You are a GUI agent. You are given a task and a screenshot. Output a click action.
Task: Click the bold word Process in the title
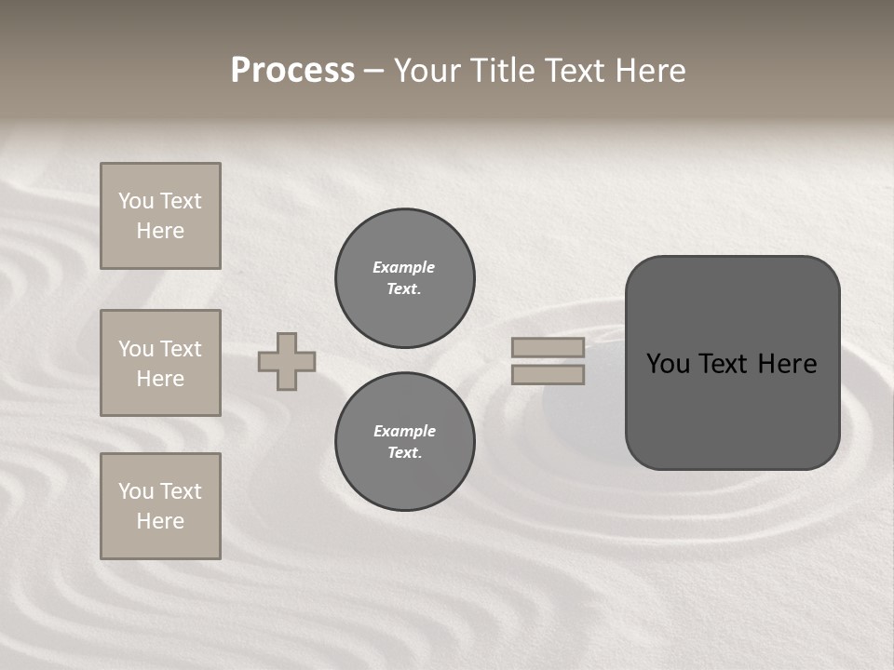(x=292, y=71)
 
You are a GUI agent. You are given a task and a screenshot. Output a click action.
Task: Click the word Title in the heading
(x=501, y=71)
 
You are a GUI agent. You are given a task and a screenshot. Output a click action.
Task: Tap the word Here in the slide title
(x=648, y=71)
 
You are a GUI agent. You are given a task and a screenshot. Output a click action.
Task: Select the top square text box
(x=160, y=216)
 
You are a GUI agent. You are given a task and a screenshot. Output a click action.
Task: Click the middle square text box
(x=160, y=363)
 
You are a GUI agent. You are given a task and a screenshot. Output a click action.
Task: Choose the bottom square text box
(x=160, y=506)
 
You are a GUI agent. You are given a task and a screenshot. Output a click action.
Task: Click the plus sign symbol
(x=287, y=361)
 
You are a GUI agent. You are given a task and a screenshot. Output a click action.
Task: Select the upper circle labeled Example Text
(x=404, y=278)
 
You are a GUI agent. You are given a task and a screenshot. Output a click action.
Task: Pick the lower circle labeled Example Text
(x=404, y=442)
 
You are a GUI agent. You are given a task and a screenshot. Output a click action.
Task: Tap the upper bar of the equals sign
(x=548, y=347)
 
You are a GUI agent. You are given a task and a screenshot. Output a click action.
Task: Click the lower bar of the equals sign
(x=548, y=374)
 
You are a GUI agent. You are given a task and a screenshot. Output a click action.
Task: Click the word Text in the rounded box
(x=730, y=364)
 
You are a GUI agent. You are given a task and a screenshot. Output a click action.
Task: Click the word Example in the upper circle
(x=403, y=267)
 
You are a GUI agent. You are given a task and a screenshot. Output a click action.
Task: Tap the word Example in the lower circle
(x=404, y=431)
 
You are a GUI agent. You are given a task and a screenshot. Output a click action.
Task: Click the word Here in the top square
(x=160, y=231)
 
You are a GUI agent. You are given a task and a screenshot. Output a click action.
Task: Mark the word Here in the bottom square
(x=160, y=521)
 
